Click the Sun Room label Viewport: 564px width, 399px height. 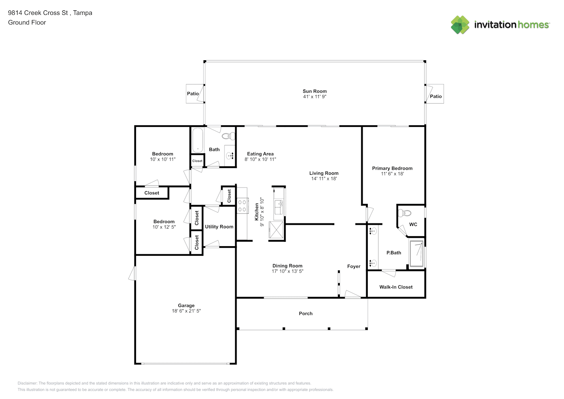pos(314,91)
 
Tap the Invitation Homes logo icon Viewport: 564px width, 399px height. pos(460,25)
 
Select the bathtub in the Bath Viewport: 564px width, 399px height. pos(197,140)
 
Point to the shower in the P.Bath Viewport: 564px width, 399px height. pos(417,253)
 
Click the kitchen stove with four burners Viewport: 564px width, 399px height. pos(242,205)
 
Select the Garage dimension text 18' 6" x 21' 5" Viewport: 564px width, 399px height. pos(186,311)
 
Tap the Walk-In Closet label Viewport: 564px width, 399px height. pos(396,287)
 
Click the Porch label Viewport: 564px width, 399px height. pos(306,314)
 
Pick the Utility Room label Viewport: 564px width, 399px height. pos(219,227)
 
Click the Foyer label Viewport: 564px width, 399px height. pos(353,267)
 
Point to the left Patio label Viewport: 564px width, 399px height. pos(193,94)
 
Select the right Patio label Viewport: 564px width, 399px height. pos(436,97)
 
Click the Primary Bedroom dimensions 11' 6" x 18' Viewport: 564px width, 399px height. pos(392,174)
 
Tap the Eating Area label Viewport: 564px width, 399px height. pos(260,154)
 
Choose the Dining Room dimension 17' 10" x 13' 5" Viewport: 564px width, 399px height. pos(287,271)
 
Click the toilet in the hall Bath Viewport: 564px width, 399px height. pos(229,136)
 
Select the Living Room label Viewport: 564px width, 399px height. pos(323,173)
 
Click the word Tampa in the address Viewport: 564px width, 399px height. pos(83,13)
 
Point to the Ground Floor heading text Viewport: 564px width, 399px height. pos(27,22)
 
